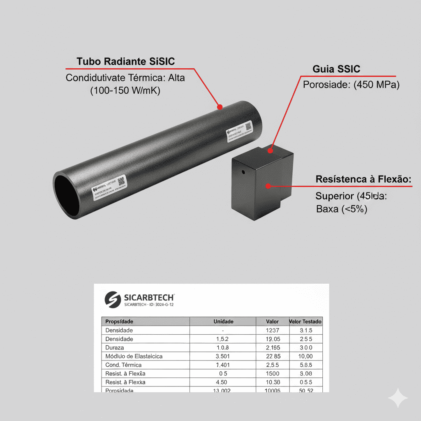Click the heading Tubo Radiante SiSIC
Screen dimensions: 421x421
click(x=125, y=62)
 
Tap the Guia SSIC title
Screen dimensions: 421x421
click(x=336, y=69)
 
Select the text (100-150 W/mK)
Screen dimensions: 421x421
click(x=125, y=90)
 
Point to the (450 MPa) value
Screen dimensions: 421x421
click(x=375, y=85)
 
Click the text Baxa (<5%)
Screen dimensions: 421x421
click(x=341, y=209)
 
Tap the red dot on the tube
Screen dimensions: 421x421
click(x=220, y=107)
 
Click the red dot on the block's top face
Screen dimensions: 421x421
click(x=270, y=150)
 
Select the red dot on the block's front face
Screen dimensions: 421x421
click(x=268, y=186)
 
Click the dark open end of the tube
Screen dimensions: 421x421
click(x=66, y=195)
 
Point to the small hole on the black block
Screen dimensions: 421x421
click(x=243, y=172)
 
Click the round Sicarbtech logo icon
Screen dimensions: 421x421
click(x=113, y=299)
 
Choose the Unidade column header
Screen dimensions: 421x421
click(x=223, y=322)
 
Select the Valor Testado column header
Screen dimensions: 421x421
click(x=306, y=322)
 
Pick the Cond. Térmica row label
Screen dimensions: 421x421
click(x=123, y=365)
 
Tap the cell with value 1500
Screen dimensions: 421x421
click(x=272, y=373)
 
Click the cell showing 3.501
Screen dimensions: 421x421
click(x=222, y=356)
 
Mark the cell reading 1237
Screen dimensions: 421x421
click(x=272, y=330)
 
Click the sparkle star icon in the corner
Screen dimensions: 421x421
click(x=398, y=398)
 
